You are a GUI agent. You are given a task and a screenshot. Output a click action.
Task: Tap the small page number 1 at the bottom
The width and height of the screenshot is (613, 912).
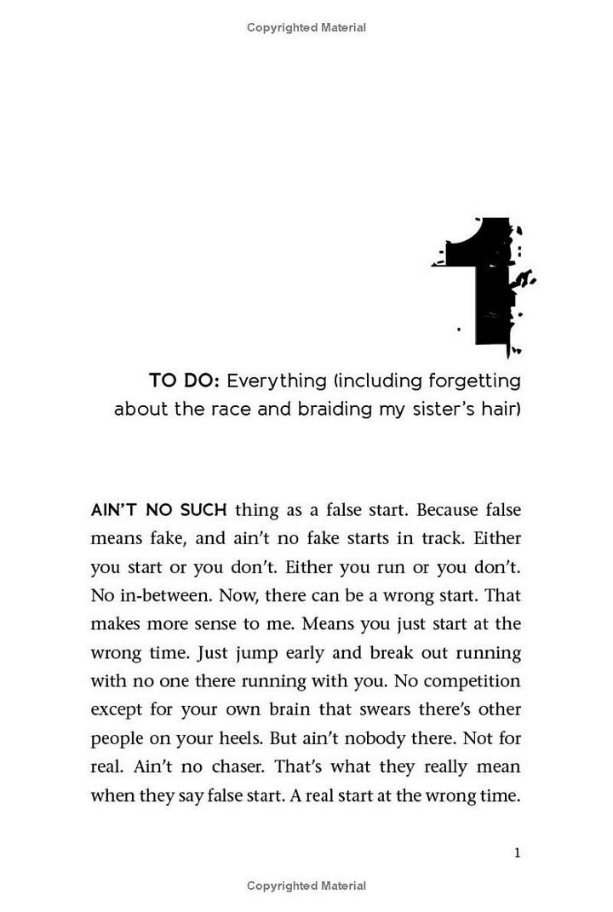click(517, 852)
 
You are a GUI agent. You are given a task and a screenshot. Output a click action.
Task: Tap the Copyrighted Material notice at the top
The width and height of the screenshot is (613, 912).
click(306, 27)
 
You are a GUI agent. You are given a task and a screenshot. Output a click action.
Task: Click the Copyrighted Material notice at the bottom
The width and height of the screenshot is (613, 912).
click(306, 886)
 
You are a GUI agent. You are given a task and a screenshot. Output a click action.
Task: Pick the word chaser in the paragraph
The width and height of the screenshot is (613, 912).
click(236, 766)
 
